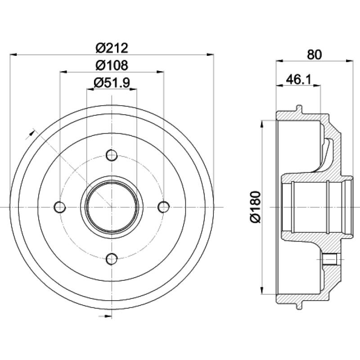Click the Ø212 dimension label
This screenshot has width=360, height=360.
pos(112,47)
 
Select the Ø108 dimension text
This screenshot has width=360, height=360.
pos(112,65)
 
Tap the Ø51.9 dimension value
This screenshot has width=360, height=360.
pos(112,82)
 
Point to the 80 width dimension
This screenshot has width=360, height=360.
pos(315,54)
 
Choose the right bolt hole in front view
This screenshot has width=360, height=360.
pos(164,207)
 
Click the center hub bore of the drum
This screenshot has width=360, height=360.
pos(112,207)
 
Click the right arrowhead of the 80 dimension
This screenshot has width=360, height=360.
pos(349,60)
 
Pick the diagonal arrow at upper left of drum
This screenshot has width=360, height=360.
pos(32,131)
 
